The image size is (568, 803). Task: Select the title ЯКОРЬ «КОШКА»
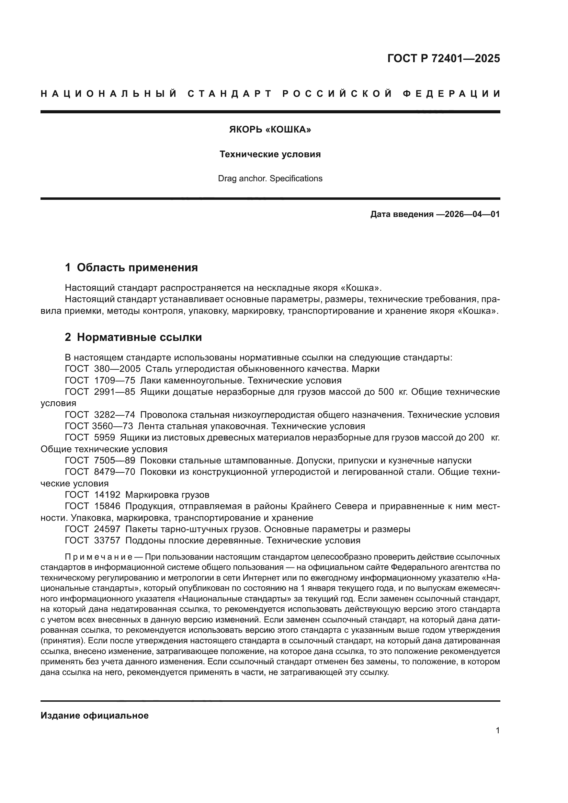[x=270, y=130]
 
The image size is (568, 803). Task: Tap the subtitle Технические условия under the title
[x=270, y=154]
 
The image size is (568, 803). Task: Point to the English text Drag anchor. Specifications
[x=270, y=179]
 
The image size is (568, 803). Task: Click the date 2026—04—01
[x=472, y=214]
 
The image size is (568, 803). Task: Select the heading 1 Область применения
[x=131, y=267]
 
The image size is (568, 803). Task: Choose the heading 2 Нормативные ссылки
[x=133, y=337]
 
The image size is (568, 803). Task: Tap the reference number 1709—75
[x=114, y=380]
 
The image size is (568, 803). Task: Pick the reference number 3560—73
[x=112, y=426]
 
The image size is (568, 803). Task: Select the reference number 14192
[x=107, y=495]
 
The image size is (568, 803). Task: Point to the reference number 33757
[x=107, y=541]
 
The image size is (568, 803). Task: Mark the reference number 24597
[x=107, y=529]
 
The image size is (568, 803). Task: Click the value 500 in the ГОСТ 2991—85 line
[x=386, y=392]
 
